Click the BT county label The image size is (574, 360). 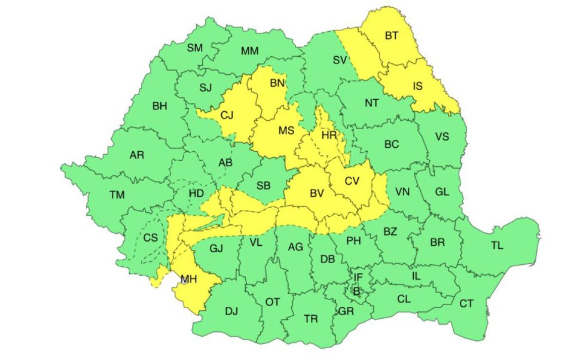392,36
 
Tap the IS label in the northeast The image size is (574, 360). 417,86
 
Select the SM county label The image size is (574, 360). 195,48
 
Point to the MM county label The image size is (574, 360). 249,51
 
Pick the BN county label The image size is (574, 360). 277,83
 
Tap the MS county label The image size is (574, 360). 285,130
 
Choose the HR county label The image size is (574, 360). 329,135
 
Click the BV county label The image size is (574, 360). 316,193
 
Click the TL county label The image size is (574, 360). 497,245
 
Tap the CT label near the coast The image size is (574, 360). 466,304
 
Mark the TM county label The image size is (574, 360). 117,194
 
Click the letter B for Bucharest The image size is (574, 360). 357,292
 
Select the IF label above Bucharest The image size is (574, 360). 358,277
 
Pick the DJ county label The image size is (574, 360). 231,311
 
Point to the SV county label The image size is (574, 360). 340,59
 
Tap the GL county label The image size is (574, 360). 442,191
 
